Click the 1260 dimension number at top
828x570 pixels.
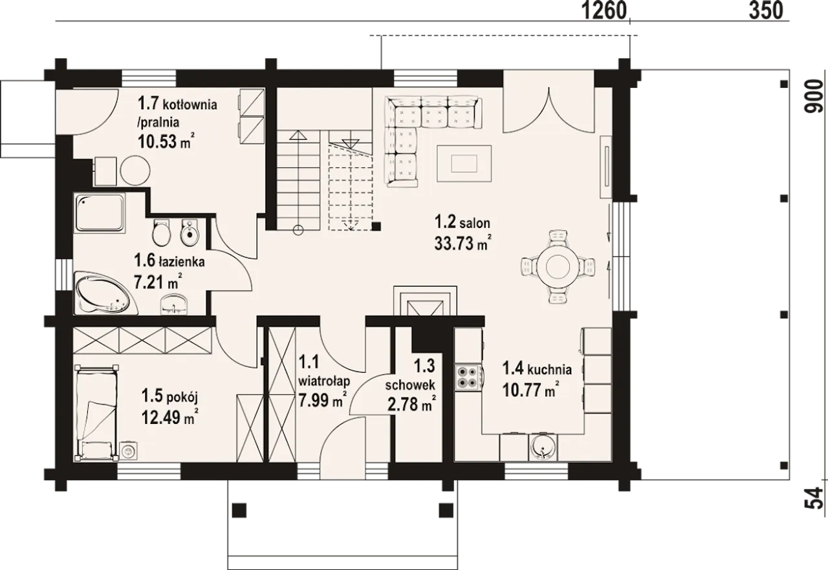pyautogui.click(x=605, y=10)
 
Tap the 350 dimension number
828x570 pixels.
pyautogui.click(x=767, y=10)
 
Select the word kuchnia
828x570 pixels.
pyautogui.click(x=549, y=369)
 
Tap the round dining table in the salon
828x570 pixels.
pyautogui.click(x=558, y=266)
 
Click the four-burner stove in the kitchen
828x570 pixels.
pyautogui.click(x=467, y=377)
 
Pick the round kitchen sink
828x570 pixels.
pyautogui.click(x=543, y=447)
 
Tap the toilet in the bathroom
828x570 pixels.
pyautogui.click(x=161, y=232)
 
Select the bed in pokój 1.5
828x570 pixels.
pyautogui.click(x=96, y=413)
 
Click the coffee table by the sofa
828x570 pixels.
pyautogui.click(x=464, y=163)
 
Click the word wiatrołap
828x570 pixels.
pyautogui.click(x=324, y=380)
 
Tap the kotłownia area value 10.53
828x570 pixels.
pyautogui.click(x=157, y=142)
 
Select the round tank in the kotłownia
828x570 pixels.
pyautogui.click(x=135, y=171)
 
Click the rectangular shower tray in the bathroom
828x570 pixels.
pyautogui.click(x=100, y=213)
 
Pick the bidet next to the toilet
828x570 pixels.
pyautogui.click(x=190, y=233)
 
